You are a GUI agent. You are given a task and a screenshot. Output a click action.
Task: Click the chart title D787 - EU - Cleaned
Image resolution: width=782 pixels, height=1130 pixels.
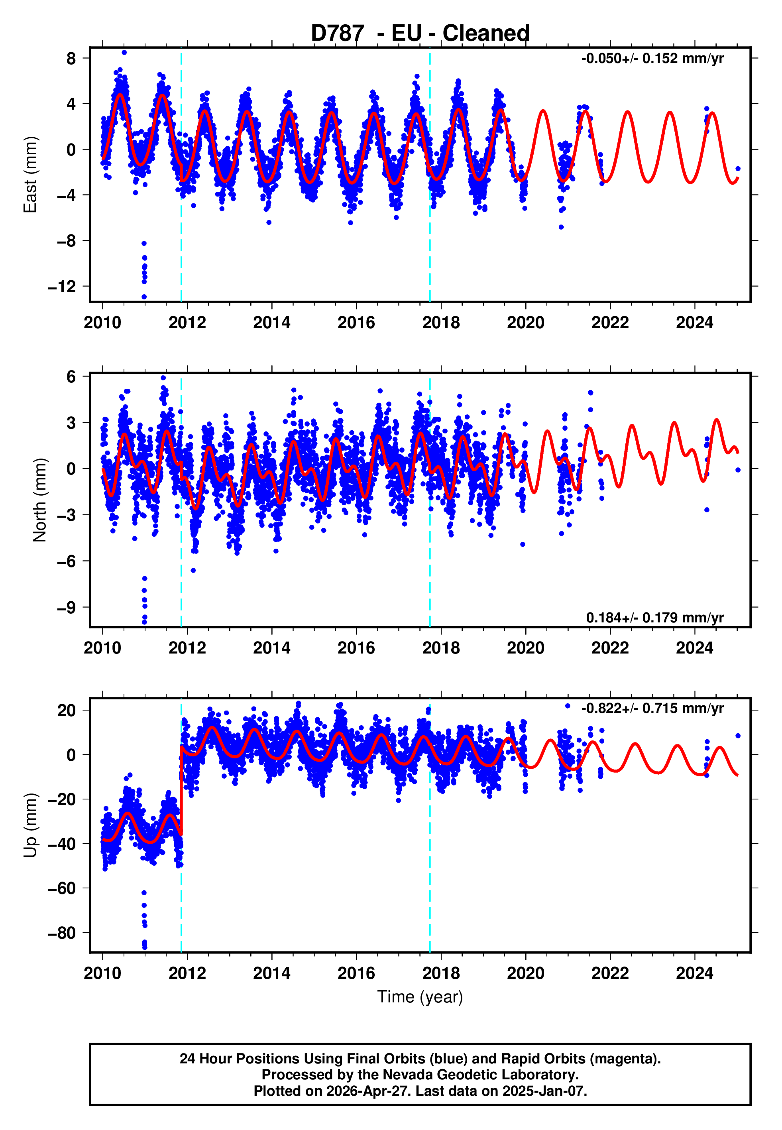420,33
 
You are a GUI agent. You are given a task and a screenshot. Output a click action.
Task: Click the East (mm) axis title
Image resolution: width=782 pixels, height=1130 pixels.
30,175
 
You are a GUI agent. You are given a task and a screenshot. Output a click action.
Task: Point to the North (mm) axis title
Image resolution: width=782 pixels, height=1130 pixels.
39,500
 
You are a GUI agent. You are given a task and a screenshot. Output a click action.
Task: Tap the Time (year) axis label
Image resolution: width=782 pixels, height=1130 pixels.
420,997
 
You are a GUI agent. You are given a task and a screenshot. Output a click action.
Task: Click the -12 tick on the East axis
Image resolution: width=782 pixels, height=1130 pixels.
62,287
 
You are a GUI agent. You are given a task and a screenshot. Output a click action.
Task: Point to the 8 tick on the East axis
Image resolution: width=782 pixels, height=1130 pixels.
71,59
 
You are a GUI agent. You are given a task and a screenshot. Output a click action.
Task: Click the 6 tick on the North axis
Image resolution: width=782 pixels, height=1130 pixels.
71,377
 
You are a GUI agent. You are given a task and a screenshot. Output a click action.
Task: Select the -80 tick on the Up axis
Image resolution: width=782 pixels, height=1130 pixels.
62,933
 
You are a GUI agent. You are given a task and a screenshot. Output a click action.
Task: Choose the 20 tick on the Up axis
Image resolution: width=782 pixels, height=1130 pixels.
67,711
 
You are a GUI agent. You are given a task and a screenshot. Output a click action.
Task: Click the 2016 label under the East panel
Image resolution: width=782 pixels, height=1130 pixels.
356,323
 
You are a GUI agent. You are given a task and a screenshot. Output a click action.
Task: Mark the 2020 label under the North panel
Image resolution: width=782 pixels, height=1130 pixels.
525,648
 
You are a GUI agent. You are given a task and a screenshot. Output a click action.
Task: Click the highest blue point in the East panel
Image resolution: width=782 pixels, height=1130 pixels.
124,52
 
